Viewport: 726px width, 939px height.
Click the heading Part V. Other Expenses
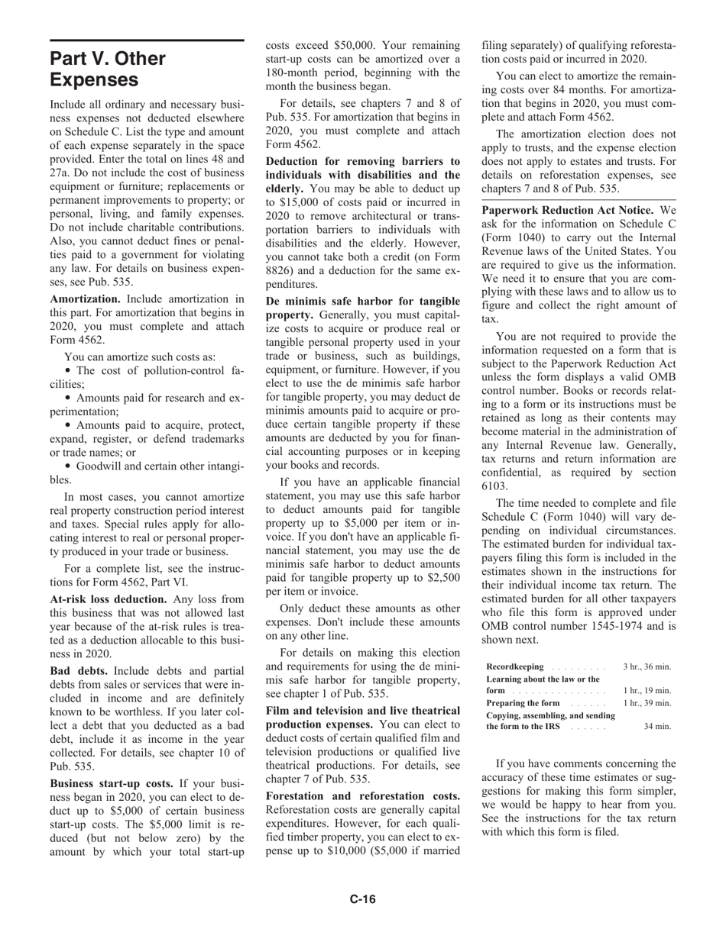[x=107, y=69]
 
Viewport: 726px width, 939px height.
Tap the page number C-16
[x=363, y=899]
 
